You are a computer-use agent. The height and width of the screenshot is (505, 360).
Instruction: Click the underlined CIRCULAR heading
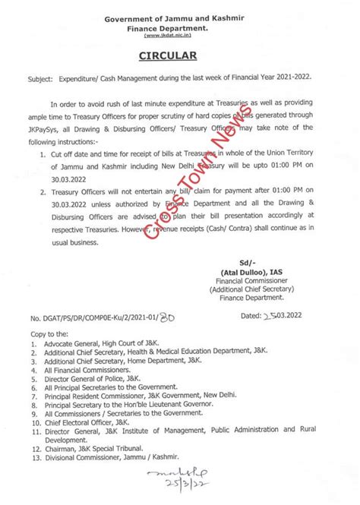click(180, 55)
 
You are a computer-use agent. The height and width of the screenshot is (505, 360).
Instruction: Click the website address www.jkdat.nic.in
click(180, 35)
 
